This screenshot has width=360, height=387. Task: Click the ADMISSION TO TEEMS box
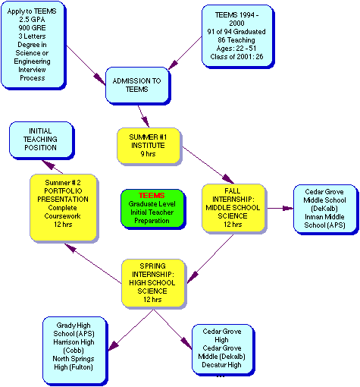[138, 86]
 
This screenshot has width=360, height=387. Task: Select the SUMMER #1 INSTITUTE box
[149, 146]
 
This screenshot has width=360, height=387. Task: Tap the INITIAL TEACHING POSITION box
[42, 140]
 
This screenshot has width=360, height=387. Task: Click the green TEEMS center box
[153, 209]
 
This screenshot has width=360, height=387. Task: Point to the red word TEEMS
[152, 195]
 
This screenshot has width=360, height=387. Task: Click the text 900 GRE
[32, 27]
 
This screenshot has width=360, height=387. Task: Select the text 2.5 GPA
[32, 19]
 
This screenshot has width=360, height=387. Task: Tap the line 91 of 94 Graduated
[236, 32]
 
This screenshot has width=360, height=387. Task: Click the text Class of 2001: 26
[236, 57]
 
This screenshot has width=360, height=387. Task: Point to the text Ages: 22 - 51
[236, 49]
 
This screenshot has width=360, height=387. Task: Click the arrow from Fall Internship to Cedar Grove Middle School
[280, 209]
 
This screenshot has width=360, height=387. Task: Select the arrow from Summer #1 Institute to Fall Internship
[208, 165]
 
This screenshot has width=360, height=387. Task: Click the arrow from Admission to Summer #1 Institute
[143, 116]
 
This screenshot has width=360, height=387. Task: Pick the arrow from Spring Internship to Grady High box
[131, 330]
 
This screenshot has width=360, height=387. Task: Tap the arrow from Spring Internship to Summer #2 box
[93, 263]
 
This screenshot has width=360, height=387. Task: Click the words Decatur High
[221, 365]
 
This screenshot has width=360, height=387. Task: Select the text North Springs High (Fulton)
[74, 363]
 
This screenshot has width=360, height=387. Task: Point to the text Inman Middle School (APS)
[324, 221]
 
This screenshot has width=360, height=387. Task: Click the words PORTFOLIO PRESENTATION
[63, 195]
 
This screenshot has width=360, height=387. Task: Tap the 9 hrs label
[148, 154]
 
